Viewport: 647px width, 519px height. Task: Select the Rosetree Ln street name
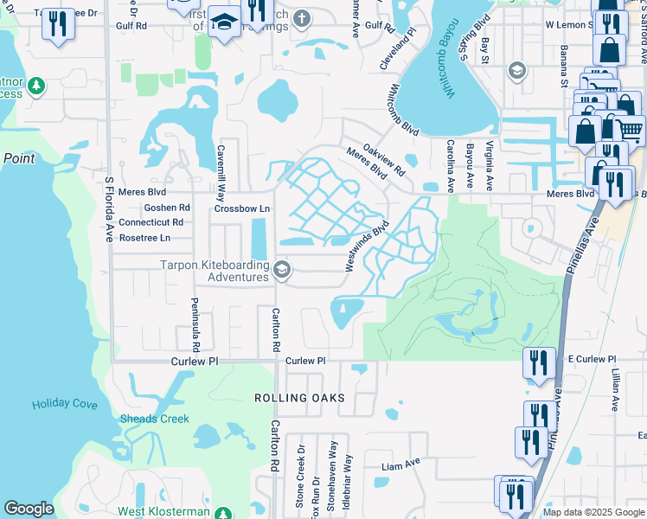[144, 237]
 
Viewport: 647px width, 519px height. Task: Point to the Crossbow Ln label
[242, 208]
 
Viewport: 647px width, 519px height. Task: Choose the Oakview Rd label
[384, 160]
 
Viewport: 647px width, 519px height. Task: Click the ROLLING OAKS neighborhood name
[299, 398]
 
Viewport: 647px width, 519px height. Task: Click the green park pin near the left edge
[35, 86]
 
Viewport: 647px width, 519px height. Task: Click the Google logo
[29, 509]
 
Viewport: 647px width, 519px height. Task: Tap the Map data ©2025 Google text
[593, 512]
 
